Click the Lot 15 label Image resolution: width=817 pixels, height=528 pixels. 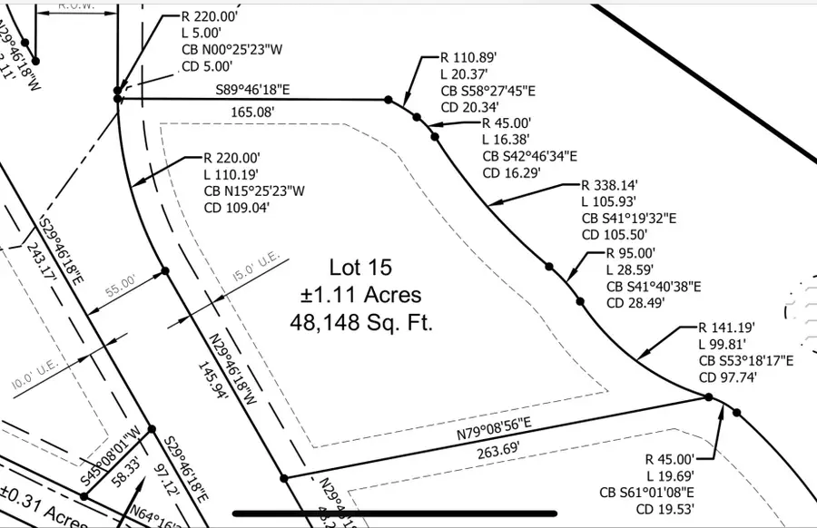tap(360, 268)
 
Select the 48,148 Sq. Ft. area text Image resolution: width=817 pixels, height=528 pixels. tap(360, 321)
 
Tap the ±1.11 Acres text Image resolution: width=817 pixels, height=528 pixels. tap(360, 295)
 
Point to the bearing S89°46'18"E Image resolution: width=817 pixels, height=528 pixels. tap(253, 91)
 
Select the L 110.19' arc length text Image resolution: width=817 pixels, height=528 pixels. tap(238, 173)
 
